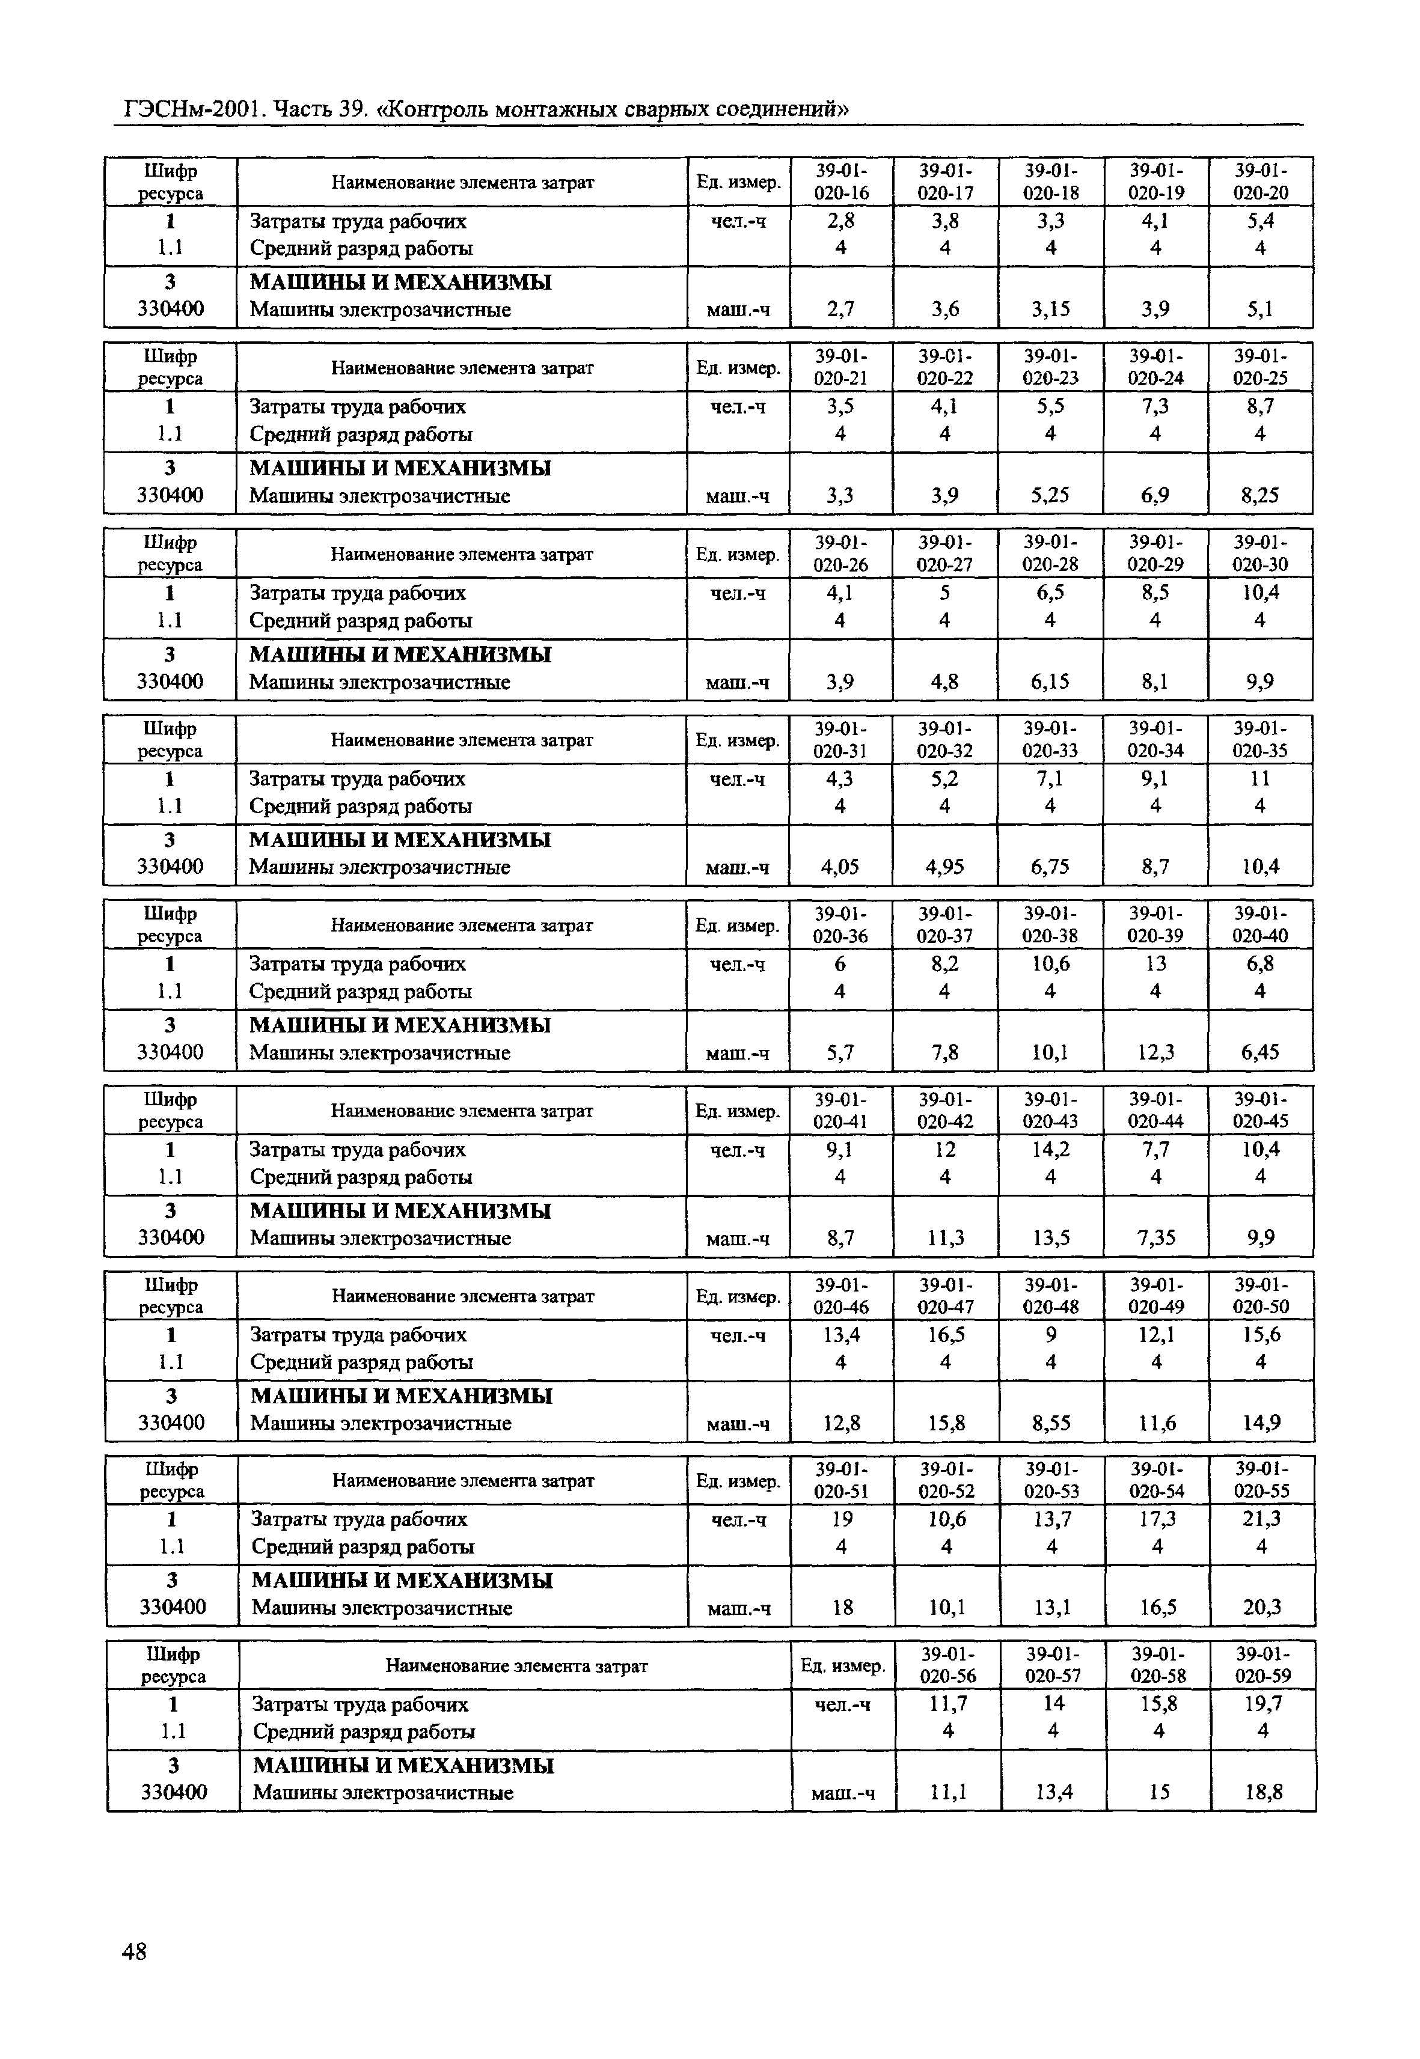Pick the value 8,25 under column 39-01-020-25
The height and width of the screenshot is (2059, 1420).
pos(1260,495)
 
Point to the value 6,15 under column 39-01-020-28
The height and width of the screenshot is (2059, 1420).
pos(1050,682)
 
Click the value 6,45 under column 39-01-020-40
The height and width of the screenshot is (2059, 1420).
pos(1260,1052)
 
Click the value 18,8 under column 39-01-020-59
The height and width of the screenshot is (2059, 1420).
pos(1264,1792)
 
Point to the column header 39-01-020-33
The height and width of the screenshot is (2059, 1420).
pos(1050,739)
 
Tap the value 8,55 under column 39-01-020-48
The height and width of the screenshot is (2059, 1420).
pos(1051,1423)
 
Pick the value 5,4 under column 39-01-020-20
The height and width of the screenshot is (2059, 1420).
pos(1261,221)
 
